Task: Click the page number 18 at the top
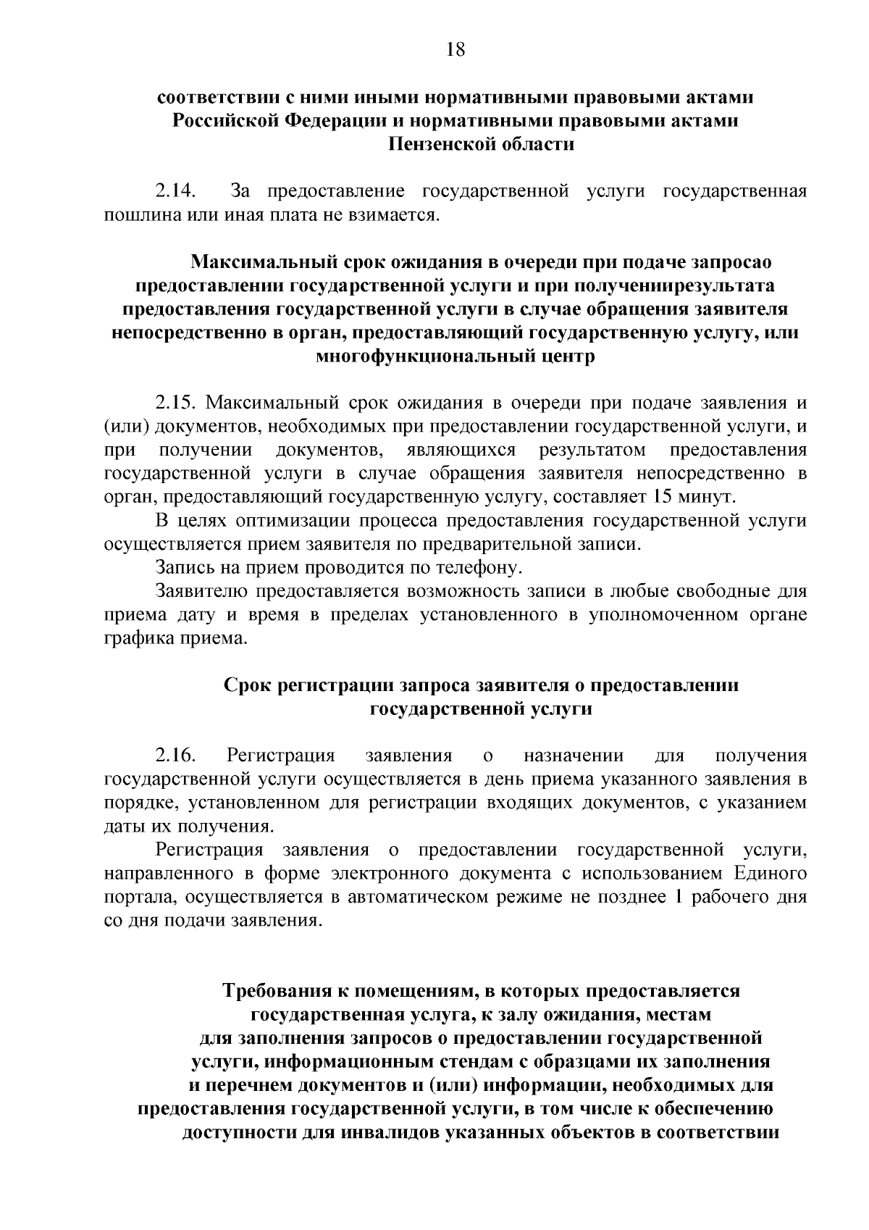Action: [x=455, y=49]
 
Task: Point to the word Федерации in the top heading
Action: [x=330, y=120]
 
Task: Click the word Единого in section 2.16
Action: [x=769, y=874]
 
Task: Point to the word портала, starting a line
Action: [x=141, y=898]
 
